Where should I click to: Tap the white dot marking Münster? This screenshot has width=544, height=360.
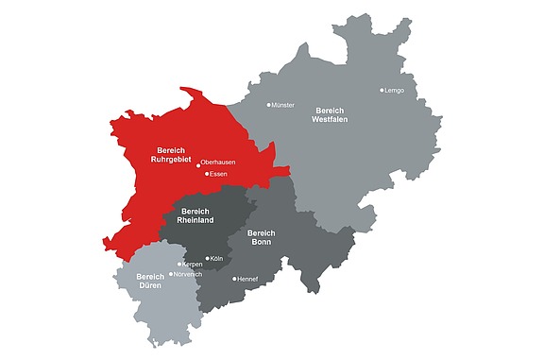tap(268, 105)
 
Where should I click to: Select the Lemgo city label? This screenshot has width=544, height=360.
tap(395, 91)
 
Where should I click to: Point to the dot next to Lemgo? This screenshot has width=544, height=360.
tap(382, 91)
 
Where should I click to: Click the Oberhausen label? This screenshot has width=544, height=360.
tap(219, 163)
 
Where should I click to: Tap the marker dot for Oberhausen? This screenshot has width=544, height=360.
tap(198, 163)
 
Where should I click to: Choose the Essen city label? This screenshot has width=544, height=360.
tap(219, 174)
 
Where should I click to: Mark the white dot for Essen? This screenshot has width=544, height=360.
tap(207, 174)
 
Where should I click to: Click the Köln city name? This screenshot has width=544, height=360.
tap(216, 258)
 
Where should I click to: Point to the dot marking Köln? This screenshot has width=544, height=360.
tap(206, 258)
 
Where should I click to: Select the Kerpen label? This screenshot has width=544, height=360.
tap(192, 265)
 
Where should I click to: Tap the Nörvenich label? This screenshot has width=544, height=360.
tap(189, 274)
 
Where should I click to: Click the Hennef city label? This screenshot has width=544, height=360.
tap(248, 279)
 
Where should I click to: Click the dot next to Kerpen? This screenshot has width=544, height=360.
tap(179, 265)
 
